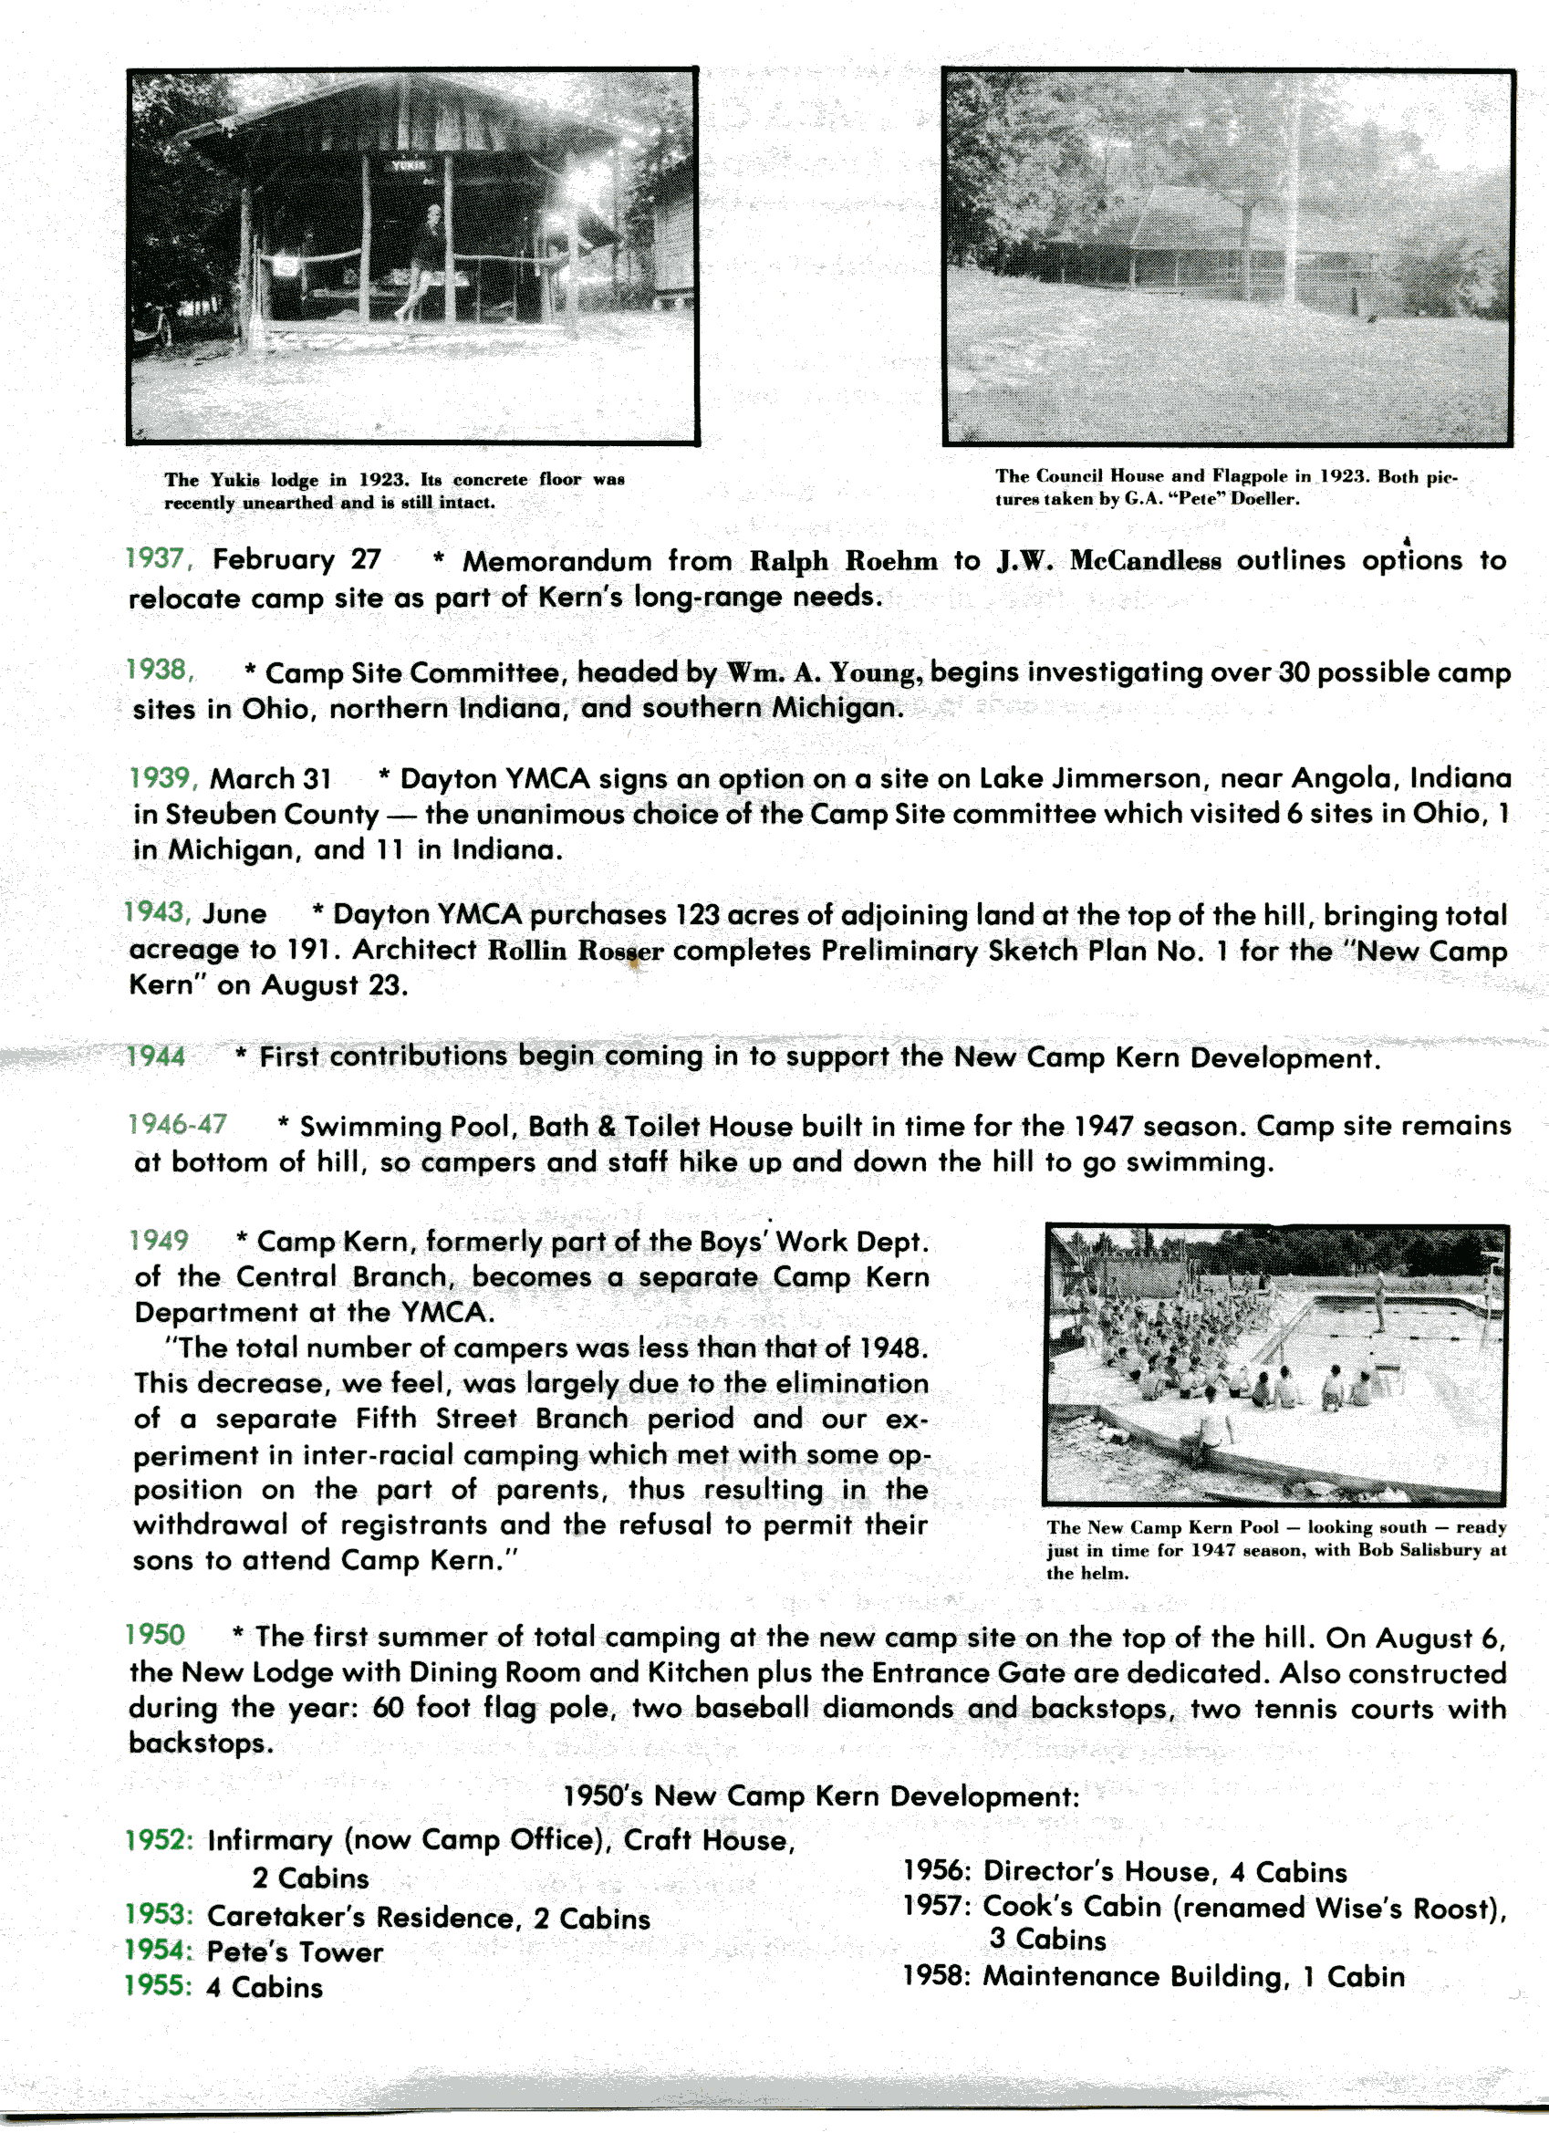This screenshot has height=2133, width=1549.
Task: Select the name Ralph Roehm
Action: pyautogui.click(x=843, y=561)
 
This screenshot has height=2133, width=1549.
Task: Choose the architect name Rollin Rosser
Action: pyautogui.click(x=576, y=951)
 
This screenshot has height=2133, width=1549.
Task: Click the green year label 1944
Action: pyautogui.click(x=156, y=1057)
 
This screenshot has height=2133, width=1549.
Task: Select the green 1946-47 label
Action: pyautogui.click(x=178, y=1125)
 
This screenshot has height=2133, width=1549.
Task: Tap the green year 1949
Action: pyautogui.click(x=160, y=1241)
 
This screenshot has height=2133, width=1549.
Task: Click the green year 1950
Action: pyautogui.click(x=156, y=1635)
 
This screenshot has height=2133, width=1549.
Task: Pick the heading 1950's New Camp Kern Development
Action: pyautogui.click(x=820, y=1796)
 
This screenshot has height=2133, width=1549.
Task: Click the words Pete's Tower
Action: pyautogui.click(x=295, y=1952)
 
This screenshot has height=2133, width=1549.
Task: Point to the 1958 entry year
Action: pyautogui.click(x=935, y=1976)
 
